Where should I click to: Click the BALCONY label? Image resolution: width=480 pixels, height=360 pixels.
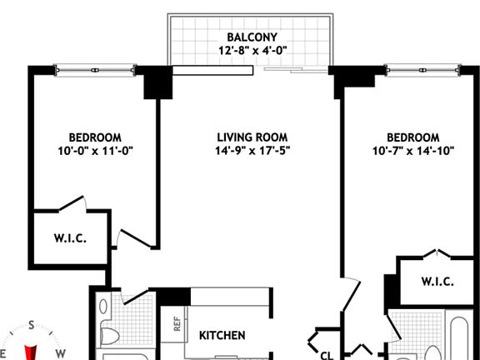point(252,37)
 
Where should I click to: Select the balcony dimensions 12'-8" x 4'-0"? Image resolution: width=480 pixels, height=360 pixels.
point(252,51)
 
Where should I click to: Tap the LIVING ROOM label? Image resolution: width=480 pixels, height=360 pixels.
point(252,137)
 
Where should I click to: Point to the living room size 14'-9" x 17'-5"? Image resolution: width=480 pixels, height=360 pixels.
point(252,151)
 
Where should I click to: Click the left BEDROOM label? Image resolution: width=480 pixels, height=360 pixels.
point(96,137)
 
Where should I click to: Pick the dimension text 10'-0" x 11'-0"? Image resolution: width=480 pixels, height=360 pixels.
point(96,151)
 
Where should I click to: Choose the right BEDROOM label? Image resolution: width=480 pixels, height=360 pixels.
point(412,137)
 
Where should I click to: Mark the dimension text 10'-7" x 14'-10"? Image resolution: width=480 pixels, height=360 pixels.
point(412,151)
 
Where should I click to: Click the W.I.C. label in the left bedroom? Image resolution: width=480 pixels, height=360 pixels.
point(70,238)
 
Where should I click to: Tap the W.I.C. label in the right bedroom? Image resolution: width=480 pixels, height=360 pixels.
point(437,282)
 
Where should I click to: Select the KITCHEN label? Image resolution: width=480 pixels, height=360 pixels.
point(222,336)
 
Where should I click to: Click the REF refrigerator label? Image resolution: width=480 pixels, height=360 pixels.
point(177,323)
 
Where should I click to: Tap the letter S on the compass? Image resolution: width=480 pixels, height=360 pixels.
point(31,326)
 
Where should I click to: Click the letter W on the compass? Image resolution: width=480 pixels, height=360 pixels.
point(61,353)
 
